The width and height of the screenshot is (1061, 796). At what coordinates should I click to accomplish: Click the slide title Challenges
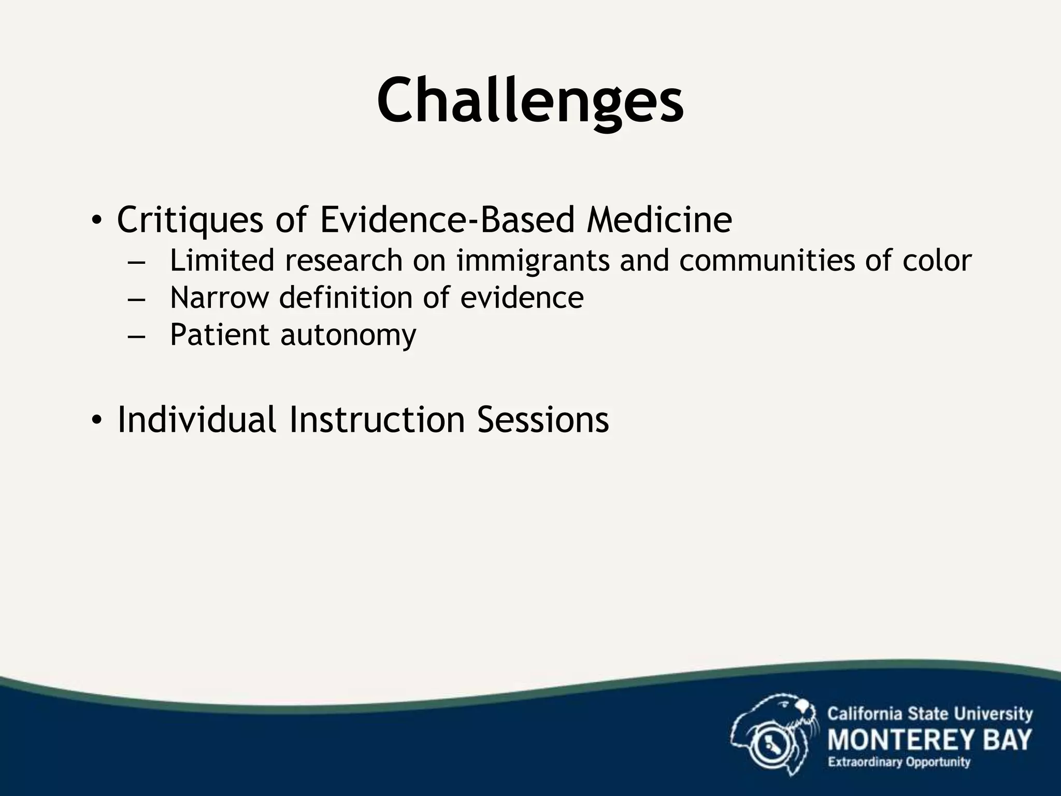click(x=530, y=101)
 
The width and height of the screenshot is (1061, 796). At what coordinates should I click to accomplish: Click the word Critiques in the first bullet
click(x=190, y=220)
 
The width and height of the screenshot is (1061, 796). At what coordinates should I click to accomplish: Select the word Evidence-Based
click(x=447, y=219)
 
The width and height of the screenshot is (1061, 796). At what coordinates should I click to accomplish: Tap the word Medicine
click(x=659, y=219)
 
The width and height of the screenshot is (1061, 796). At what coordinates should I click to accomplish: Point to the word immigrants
click(x=533, y=261)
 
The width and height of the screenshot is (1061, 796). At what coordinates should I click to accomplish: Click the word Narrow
click(x=219, y=297)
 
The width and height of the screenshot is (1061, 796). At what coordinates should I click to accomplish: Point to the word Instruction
click(x=377, y=419)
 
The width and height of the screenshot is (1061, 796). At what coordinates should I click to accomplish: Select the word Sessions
click(x=543, y=419)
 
